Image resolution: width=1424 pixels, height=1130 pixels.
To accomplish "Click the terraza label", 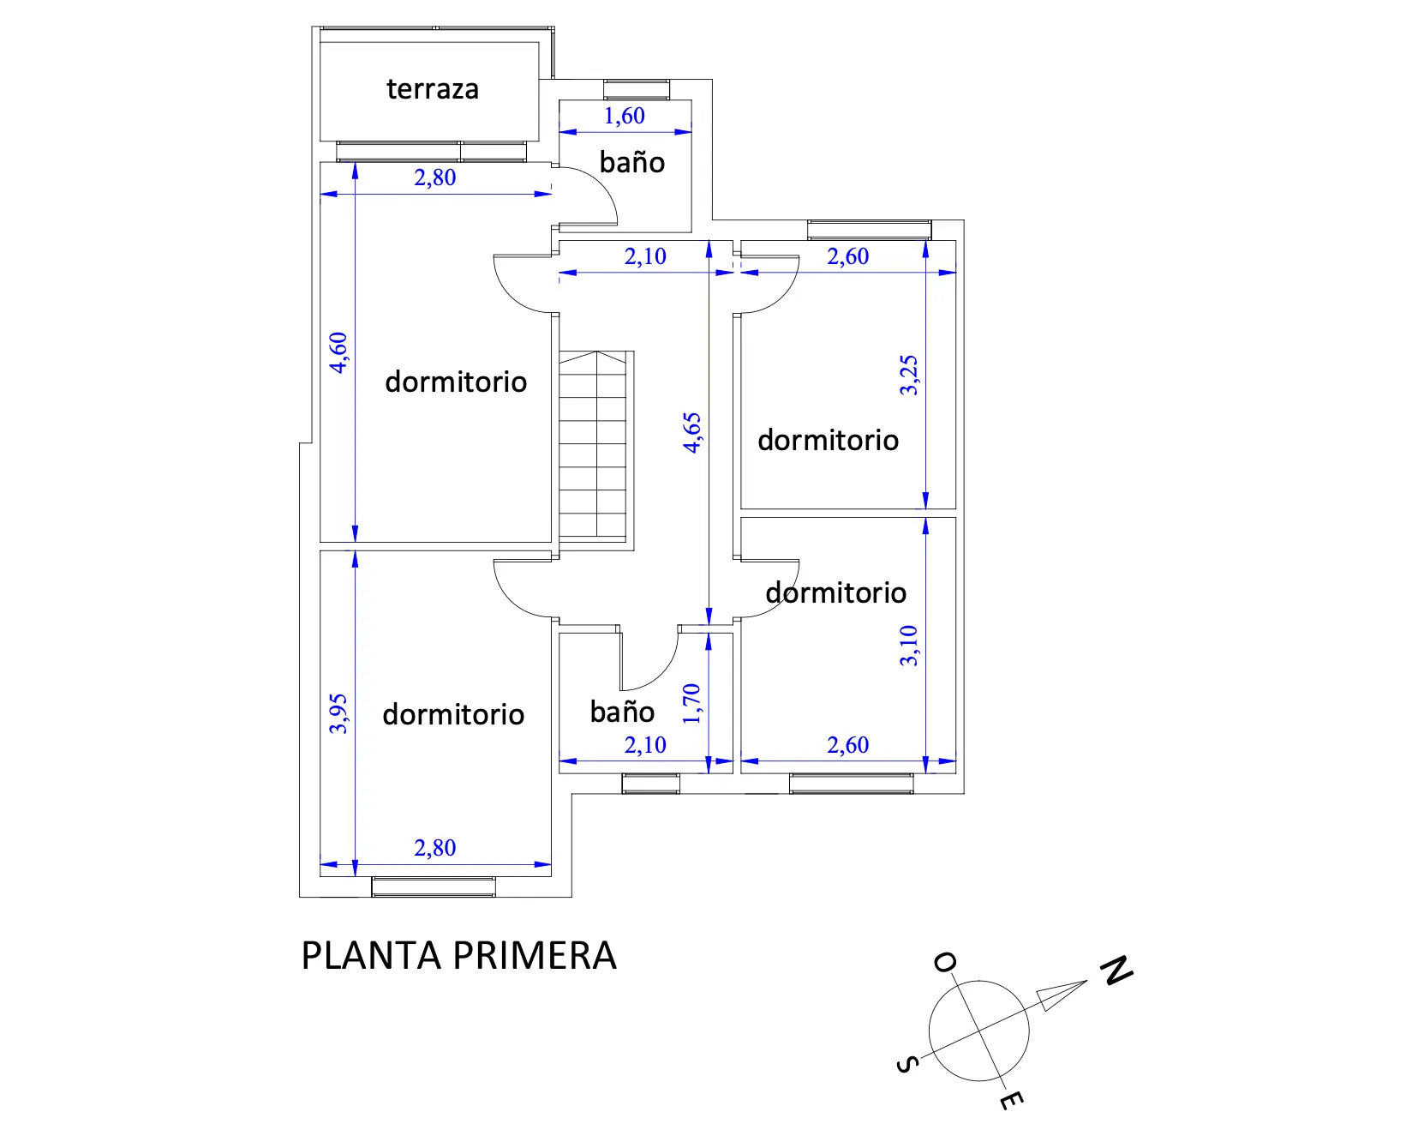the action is pyautogui.click(x=433, y=89).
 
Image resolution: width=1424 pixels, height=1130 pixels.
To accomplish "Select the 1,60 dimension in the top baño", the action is pyautogui.click(x=625, y=116).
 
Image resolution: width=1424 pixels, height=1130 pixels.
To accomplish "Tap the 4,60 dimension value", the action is pyautogui.click(x=339, y=352).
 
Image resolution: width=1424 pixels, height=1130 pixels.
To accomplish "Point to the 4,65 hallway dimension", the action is pyautogui.click(x=692, y=432).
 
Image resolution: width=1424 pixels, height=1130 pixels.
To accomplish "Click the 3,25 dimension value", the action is pyautogui.click(x=909, y=375).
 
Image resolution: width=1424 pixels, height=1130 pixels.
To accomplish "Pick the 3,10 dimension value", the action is pyautogui.click(x=909, y=646).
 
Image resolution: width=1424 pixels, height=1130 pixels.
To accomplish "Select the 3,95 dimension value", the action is pyautogui.click(x=339, y=713).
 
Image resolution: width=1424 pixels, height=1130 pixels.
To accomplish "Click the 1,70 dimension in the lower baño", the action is pyautogui.click(x=692, y=703).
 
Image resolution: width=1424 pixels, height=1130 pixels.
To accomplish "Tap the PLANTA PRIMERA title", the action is pyautogui.click(x=458, y=956).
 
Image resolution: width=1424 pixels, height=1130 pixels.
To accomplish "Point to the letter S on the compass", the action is pyautogui.click(x=907, y=1065).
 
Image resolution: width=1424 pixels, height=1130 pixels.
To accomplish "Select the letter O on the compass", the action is pyautogui.click(x=945, y=963).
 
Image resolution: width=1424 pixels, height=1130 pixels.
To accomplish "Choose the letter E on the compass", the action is pyautogui.click(x=1012, y=1100).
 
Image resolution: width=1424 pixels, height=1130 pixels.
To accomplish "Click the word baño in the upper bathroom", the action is pyautogui.click(x=632, y=162).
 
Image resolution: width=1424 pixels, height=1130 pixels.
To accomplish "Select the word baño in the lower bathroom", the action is pyautogui.click(x=622, y=712).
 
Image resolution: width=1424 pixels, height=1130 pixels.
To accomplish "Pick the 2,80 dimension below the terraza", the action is pyautogui.click(x=435, y=177).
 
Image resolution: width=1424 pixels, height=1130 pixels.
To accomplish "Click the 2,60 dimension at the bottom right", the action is pyautogui.click(x=848, y=745).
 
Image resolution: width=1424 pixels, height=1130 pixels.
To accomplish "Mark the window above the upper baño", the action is pyautogui.click(x=637, y=89).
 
